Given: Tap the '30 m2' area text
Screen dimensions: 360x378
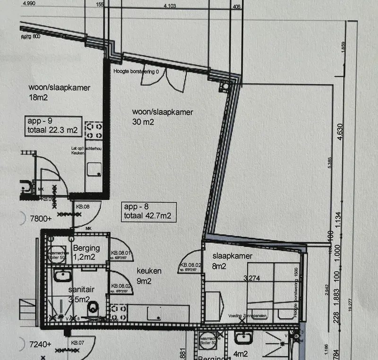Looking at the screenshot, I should [x=144, y=122].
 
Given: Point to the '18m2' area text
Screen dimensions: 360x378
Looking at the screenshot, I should [x=39, y=98].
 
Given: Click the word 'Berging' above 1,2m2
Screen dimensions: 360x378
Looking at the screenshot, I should [x=86, y=248].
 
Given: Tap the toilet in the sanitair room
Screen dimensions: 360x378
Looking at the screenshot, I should [x=94, y=308].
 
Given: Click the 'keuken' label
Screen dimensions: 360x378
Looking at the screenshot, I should [x=149, y=271].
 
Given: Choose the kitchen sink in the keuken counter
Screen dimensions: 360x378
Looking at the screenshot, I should [x=155, y=313].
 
